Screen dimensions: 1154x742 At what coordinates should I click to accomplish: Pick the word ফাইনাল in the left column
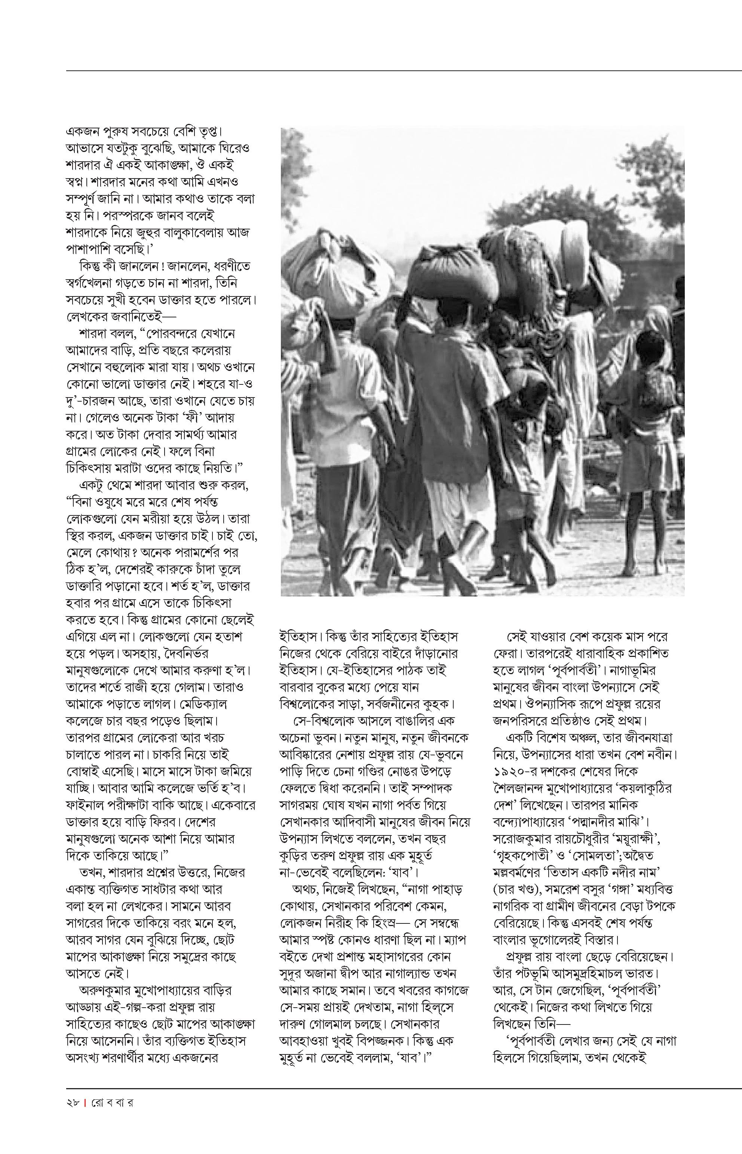pyautogui.click(x=84, y=805)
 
